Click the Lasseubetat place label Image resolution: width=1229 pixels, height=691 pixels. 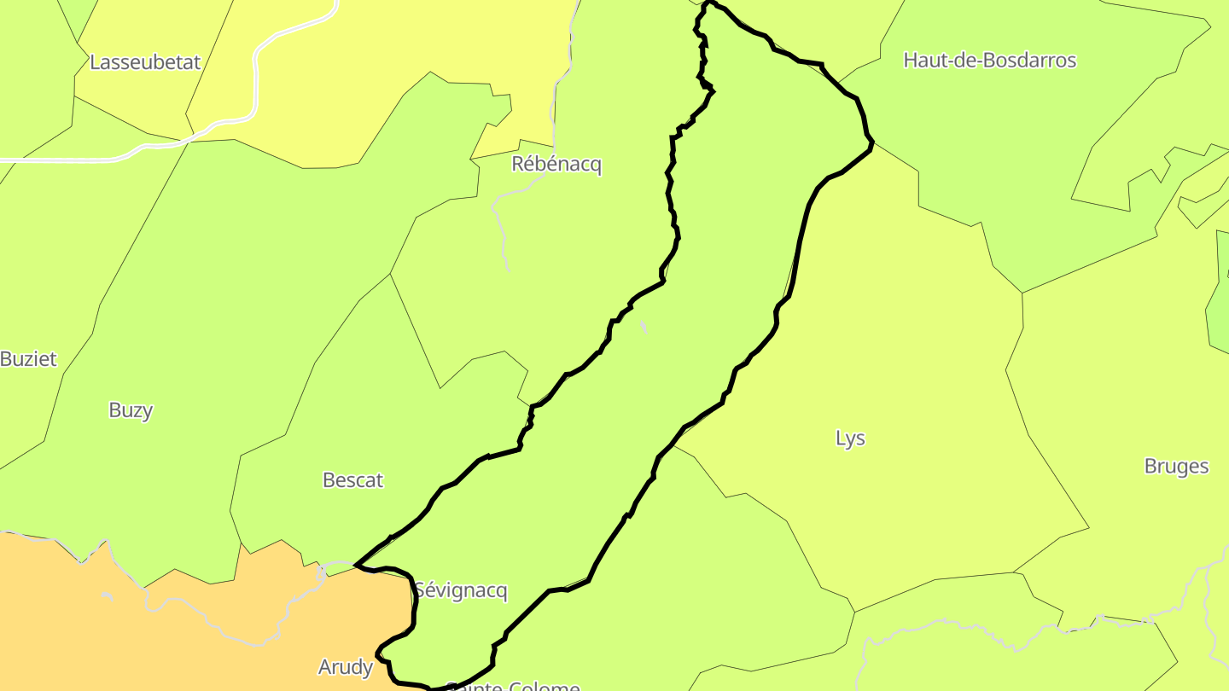pos(145,62)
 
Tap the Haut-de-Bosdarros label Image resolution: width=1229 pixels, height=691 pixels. pos(989,61)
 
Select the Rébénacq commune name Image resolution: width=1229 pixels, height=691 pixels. pos(556,164)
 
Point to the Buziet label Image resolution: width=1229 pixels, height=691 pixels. pos(28,359)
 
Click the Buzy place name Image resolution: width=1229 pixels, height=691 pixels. pos(131,410)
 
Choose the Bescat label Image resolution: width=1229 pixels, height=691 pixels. pos(352,480)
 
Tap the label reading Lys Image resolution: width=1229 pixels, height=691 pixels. pos(850,438)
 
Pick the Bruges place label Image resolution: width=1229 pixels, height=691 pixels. pos(1176,467)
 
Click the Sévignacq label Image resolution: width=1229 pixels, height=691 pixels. pos(461,590)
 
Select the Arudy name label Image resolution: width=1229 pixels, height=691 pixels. pos(346,667)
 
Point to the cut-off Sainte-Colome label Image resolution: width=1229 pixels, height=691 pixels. pos(513,685)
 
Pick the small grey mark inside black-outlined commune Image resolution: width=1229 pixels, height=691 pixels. pos(644,327)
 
